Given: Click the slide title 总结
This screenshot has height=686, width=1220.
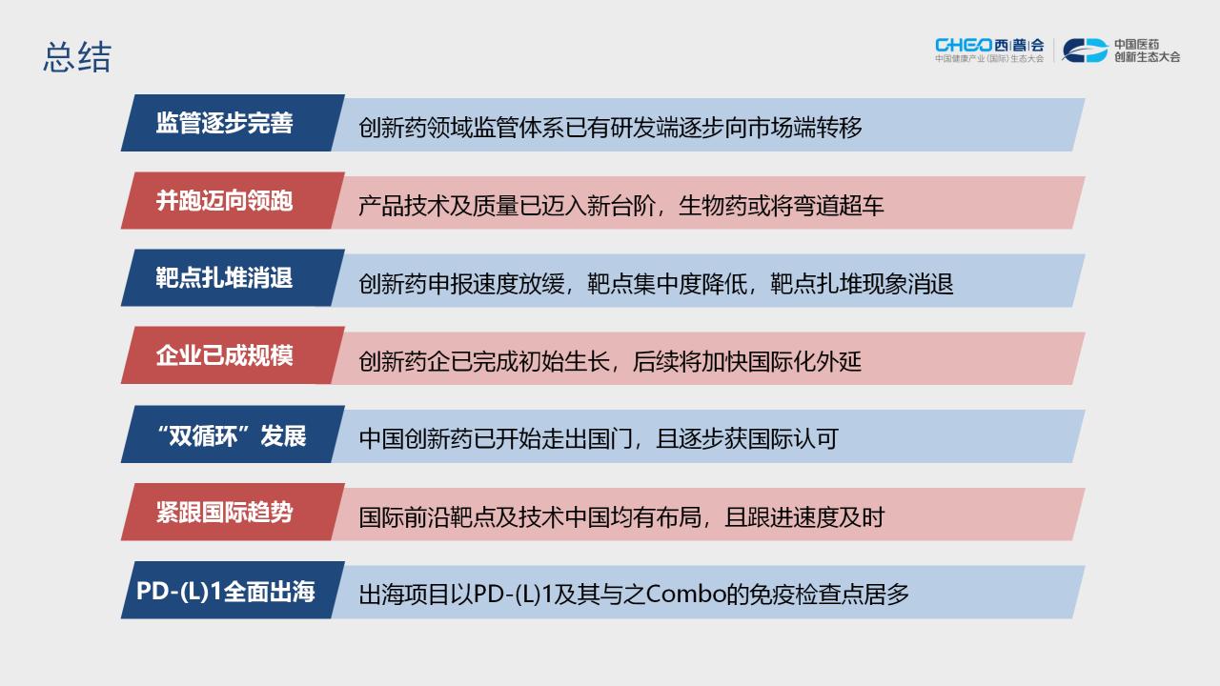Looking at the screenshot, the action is point(77,57).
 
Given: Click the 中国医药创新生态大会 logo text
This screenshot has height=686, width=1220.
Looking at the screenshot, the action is point(1147,50).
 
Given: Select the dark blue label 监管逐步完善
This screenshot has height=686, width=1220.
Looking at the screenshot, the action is point(224,123).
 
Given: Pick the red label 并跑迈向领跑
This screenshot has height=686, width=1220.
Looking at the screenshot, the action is point(224,201).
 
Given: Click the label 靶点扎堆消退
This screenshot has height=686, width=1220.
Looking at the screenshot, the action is point(224,278).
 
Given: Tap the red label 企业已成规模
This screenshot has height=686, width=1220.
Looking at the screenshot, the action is point(224,356).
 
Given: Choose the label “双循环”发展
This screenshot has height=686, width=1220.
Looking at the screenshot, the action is point(231,435).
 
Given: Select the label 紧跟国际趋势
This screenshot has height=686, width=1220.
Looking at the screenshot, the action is point(224,513).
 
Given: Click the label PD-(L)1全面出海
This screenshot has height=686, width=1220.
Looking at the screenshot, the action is point(226,591).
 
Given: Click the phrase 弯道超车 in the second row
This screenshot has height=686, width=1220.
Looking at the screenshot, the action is point(838,206).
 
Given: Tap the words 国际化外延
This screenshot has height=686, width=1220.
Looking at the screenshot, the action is point(804,361).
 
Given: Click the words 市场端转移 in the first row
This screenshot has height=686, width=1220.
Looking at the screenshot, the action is point(805,128).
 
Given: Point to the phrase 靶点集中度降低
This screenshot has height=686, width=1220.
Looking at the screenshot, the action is point(667,284).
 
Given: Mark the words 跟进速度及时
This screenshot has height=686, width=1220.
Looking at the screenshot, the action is point(816,517).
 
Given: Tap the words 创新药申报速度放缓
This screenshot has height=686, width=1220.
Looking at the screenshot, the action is point(461,284).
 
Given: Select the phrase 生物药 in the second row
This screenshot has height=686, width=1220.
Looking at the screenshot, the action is point(712,206).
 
